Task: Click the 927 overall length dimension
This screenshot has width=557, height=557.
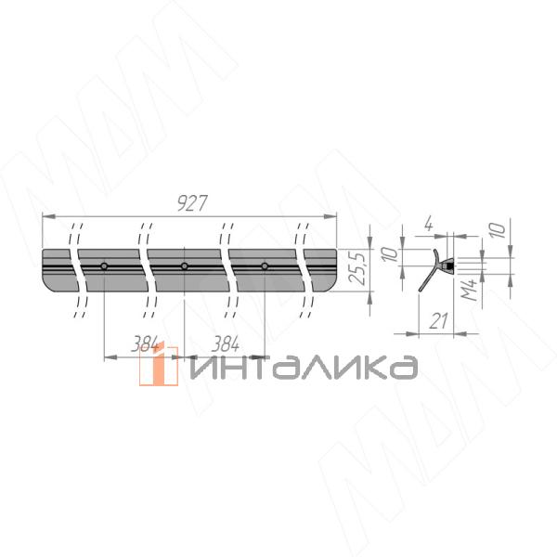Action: point(192,203)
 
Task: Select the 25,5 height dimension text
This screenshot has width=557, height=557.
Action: point(357,268)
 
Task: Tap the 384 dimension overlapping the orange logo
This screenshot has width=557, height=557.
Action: point(146,343)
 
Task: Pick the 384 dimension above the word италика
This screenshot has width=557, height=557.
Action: point(226,343)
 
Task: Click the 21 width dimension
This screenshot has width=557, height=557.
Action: point(438,321)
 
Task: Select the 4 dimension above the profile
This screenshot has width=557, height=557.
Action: point(429,224)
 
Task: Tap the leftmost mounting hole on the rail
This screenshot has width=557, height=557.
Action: point(104,266)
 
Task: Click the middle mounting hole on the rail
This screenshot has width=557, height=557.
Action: point(185,266)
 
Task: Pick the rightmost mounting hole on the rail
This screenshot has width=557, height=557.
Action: point(265,266)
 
